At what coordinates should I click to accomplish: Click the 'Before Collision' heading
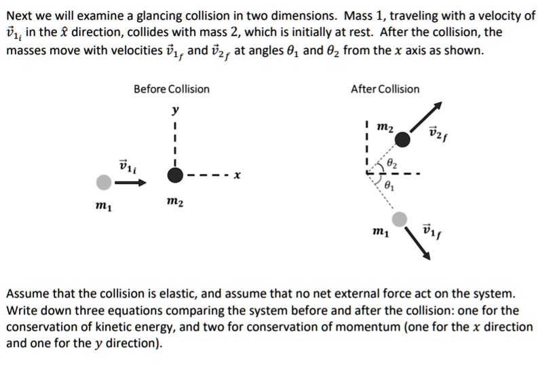tap(171, 89)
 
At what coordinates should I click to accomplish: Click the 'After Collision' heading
tap(385, 89)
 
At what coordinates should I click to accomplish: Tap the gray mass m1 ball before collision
tap(103, 182)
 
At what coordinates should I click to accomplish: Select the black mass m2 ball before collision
tap(175, 176)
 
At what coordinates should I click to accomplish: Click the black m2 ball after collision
tap(403, 139)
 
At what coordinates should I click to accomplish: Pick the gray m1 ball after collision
tap(400, 219)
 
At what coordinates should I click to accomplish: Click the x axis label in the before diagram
tap(236, 176)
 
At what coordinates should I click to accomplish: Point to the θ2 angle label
tap(393, 164)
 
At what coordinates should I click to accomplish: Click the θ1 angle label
tap(389, 185)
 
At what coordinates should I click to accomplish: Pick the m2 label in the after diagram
tap(383, 128)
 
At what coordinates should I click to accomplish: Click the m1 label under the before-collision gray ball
tap(102, 206)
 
